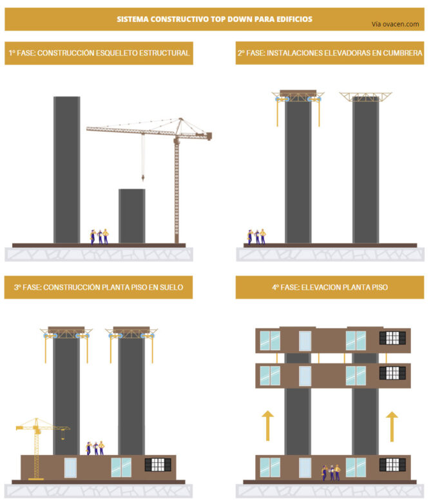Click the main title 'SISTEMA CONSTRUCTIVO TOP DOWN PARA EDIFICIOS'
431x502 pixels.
coord(214,19)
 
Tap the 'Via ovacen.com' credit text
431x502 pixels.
coord(395,24)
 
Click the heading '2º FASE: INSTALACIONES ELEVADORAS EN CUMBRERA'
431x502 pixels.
coord(330,53)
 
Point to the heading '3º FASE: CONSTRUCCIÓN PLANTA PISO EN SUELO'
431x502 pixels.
coord(99,287)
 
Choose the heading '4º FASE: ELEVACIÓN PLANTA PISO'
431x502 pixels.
coord(330,287)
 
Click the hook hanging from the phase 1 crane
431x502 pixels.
coord(142,176)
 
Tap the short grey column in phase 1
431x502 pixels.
coord(132,216)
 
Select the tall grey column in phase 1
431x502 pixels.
coord(67,170)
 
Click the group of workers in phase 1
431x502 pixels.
coord(99,236)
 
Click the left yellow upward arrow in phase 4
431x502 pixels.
coord(268,425)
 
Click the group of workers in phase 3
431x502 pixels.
coord(95,448)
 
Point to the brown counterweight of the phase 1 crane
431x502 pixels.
coord(206,135)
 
